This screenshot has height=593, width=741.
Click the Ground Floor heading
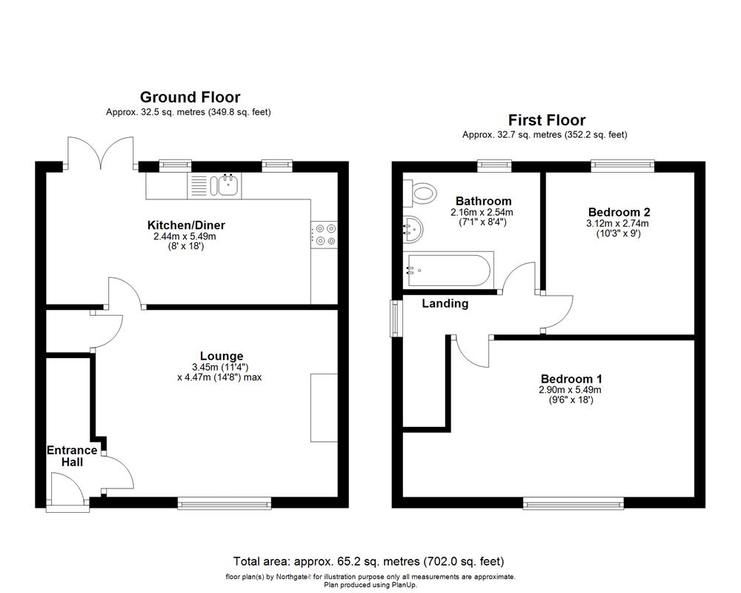click(190, 97)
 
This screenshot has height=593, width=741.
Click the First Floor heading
click(546, 120)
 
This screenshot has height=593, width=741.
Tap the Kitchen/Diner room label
click(186, 225)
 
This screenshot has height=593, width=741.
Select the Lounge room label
click(221, 356)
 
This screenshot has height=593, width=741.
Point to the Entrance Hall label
click(72, 456)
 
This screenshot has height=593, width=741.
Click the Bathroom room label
click(483, 201)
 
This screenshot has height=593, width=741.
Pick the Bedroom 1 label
click(571, 378)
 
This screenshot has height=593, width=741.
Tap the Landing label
click(445, 303)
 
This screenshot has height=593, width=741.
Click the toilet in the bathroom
click(419, 194)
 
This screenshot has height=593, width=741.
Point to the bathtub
click(448, 271)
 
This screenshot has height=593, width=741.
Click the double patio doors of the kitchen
click(101, 154)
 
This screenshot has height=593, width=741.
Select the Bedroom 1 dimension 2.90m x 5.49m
click(571, 390)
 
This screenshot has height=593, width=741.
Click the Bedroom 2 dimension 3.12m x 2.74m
click(617, 223)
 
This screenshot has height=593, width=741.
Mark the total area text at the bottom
click(368, 561)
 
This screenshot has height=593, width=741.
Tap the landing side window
click(395, 318)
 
